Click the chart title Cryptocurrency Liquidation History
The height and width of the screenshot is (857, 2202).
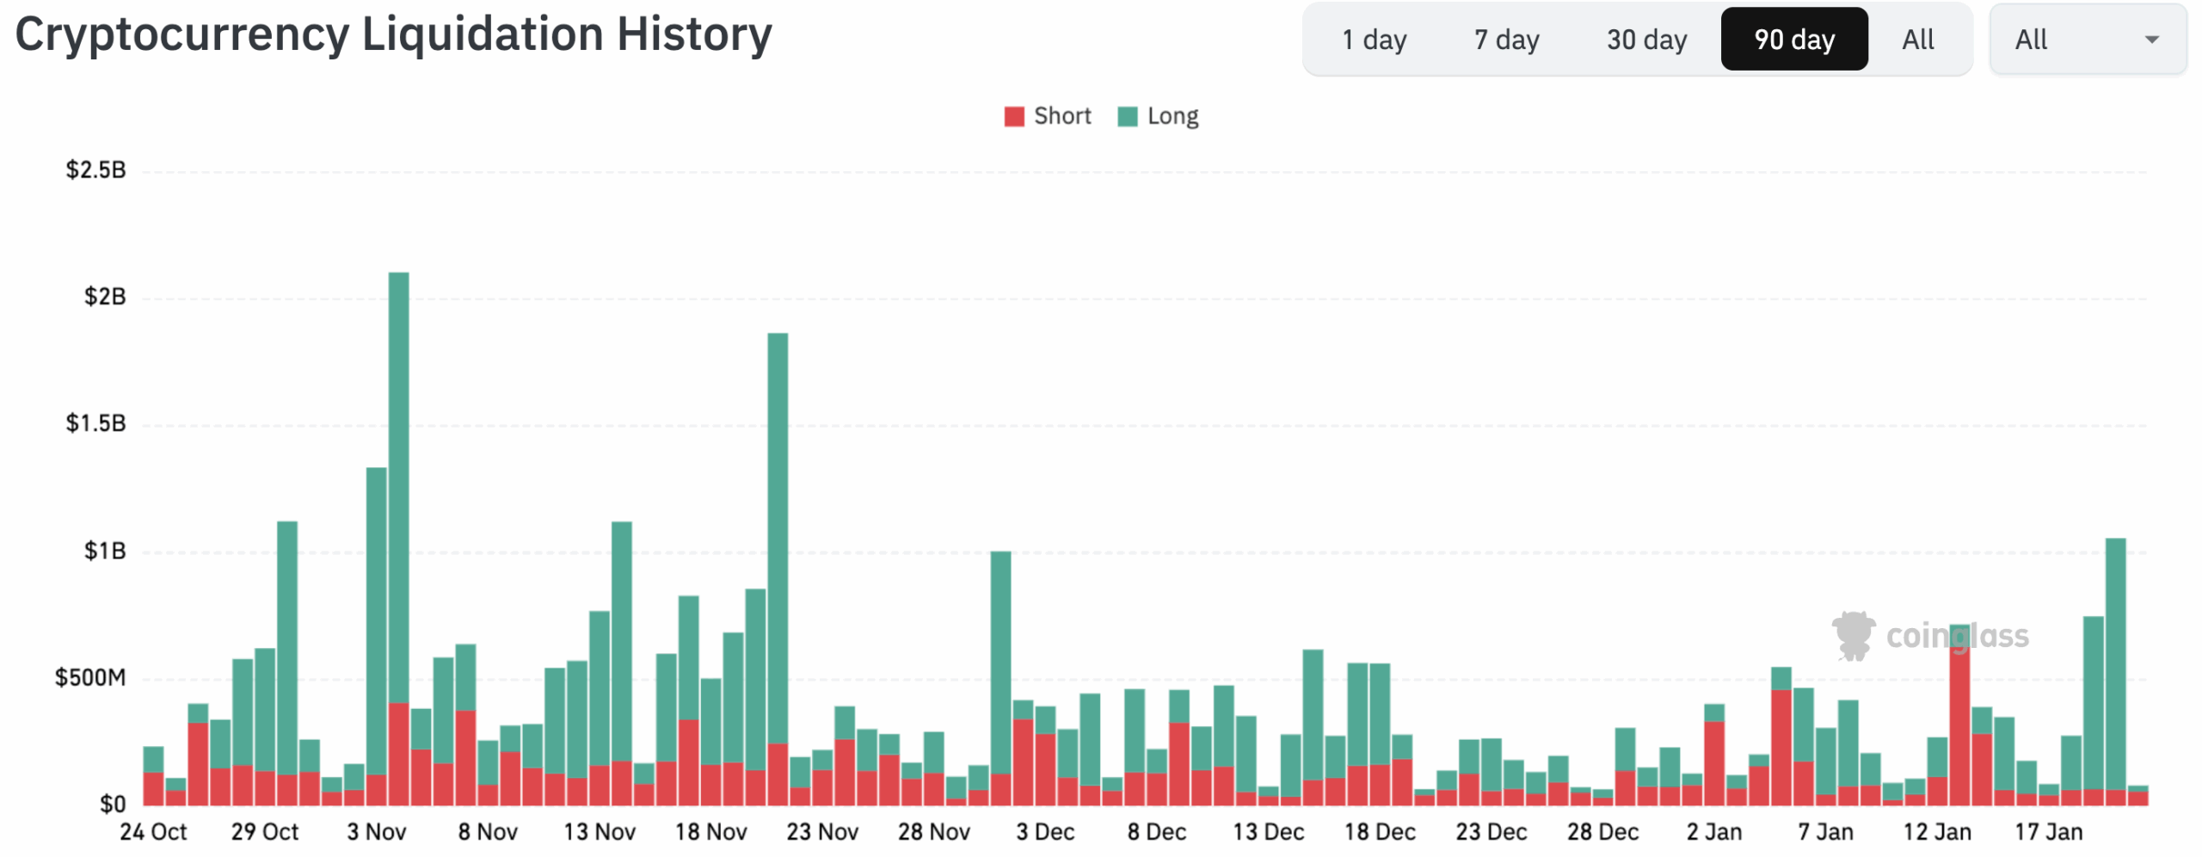(x=393, y=35)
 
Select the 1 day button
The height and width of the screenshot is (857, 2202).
(x=1374, y=40)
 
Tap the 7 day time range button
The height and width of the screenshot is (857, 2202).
(x=1506, y=40)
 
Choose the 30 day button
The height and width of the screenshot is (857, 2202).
(x=1646, y=40)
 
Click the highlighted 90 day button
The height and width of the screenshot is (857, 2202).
(x=1794, y=40)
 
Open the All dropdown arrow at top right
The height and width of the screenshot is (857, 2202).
(x=2151, y=40)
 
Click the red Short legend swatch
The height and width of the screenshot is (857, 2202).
(x=1014, y=116)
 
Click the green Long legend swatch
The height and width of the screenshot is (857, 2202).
(x=1127, y=116)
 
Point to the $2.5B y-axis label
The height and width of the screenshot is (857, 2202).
(x=95, y=170)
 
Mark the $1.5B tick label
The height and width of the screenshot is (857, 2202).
(x=95, y=423)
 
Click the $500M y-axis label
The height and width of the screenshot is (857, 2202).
(x=90, y=678)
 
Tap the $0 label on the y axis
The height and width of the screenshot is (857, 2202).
(x=113, y=805)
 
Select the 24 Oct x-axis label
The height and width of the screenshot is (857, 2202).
(x=153, y=832)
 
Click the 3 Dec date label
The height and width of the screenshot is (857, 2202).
(x=1045, y=832)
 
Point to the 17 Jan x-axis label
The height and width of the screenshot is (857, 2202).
(x=2048, y=832)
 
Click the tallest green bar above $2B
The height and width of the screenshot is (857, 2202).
(x=398, y=482)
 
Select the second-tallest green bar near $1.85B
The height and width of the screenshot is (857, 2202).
(x=778, y=533)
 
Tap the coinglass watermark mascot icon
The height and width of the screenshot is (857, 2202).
(x=1854, y=636)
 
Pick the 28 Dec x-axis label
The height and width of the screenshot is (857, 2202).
(x=1602, y=832)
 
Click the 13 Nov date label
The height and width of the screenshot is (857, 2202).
(x=600, y=832)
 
